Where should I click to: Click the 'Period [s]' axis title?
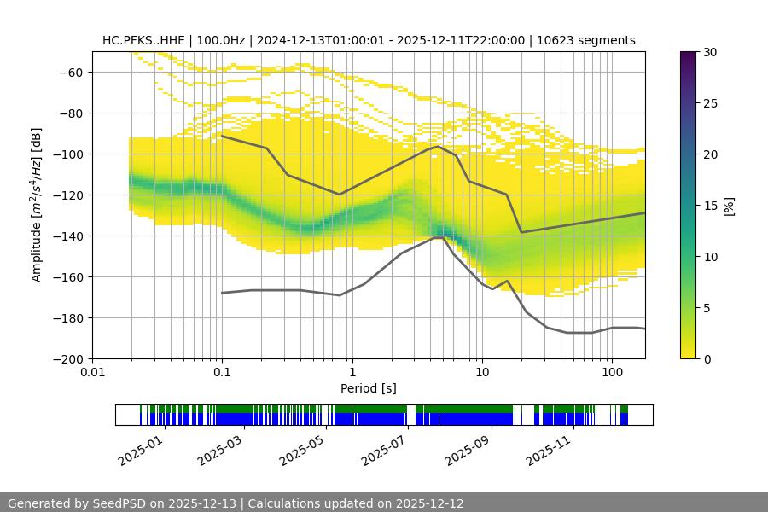[x=369, y=388]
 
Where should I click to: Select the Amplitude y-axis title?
[x=37, y=205]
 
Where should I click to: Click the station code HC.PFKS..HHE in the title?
[x=142, y=40]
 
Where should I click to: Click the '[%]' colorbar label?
[x=729, y=205]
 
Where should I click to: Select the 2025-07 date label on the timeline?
[x=381, y=450]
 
